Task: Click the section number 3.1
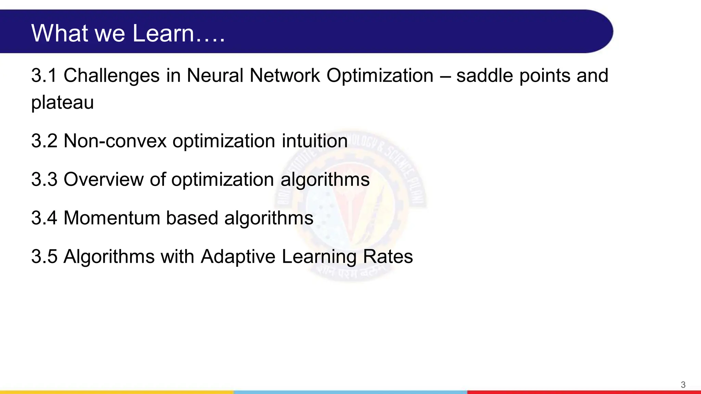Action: [44, 76]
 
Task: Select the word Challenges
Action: [112, 76]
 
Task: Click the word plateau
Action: [62, 103]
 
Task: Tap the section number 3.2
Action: [44, 141]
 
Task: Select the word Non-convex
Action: [115, 141]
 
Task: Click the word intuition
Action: [315, 141]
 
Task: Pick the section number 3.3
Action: [44, 180]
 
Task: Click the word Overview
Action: [104, 180]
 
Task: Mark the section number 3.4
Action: [44, 218]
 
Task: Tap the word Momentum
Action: [112, 218]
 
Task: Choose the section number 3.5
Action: [44, 257]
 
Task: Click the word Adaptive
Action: [238, 257]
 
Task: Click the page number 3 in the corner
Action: [683, 385]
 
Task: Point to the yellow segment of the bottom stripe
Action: [116, 392]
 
